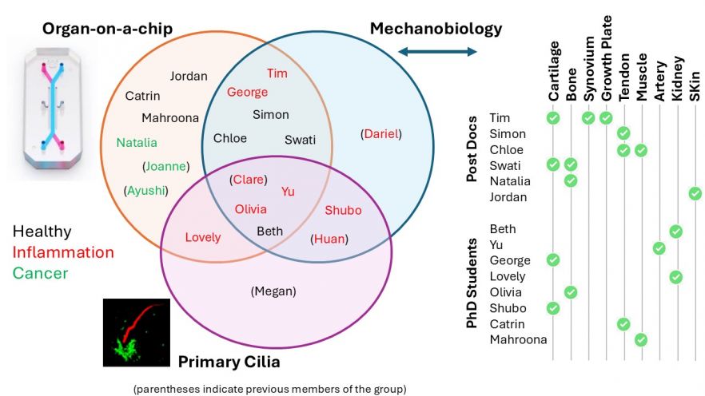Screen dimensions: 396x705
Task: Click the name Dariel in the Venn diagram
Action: [x=380, y=134]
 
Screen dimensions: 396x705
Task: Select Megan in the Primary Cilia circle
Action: [x=273, y=291]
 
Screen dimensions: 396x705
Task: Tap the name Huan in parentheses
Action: [x=329, y=238]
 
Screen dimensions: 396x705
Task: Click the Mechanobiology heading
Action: [x=436, y=30]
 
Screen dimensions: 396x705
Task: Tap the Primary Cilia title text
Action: [x=229, y=362]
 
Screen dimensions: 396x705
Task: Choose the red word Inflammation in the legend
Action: [x=63, y=252]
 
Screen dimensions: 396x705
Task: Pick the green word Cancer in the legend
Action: [x=40, y=273]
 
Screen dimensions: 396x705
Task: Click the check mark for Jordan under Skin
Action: [x=695, y=193]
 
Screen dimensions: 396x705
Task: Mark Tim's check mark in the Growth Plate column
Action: [x=605, y=118]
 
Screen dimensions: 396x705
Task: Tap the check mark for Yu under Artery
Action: [x=659, y=247]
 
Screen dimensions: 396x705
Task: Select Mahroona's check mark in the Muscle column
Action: [x=641, y=340]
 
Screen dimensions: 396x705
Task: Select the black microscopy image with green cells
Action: [x=137, y=332]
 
